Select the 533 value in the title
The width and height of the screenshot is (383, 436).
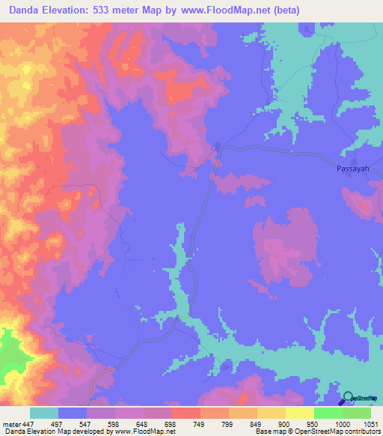(x=108, y=11)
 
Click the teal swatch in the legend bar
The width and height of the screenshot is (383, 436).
(x=44, y=413)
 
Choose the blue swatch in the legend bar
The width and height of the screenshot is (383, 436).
(x=73, y=413)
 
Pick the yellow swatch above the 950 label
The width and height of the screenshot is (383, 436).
(x=300, y=413)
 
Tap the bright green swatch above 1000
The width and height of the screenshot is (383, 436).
(x=328, y=413)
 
